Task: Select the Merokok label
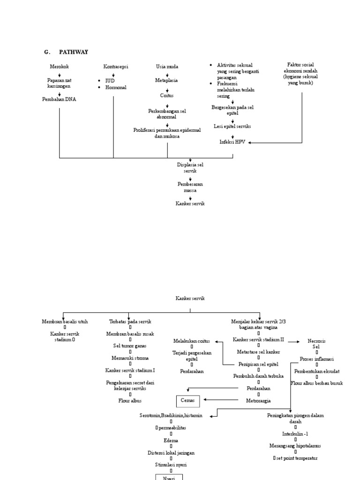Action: coord(59,67)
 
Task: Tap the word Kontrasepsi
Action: coord(115,67)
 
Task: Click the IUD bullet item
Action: coord(110,81)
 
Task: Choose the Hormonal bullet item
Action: coord(115,87)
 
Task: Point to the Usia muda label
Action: coord(167,67)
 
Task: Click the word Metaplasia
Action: coord(167,80)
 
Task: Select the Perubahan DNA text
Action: coord(59,99)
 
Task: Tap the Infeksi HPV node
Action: coord(232,142)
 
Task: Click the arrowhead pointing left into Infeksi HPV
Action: coord(250,142)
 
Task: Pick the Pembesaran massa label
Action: coord(190,187)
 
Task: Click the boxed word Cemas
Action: coord(187,401)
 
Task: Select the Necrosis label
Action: coord(316,341)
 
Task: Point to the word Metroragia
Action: coord(258,401)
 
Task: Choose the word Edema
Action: coord(171,440)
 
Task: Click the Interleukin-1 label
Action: coord(295,434)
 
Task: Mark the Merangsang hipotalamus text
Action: coord(295,446)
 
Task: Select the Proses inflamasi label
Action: coord(316,359)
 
